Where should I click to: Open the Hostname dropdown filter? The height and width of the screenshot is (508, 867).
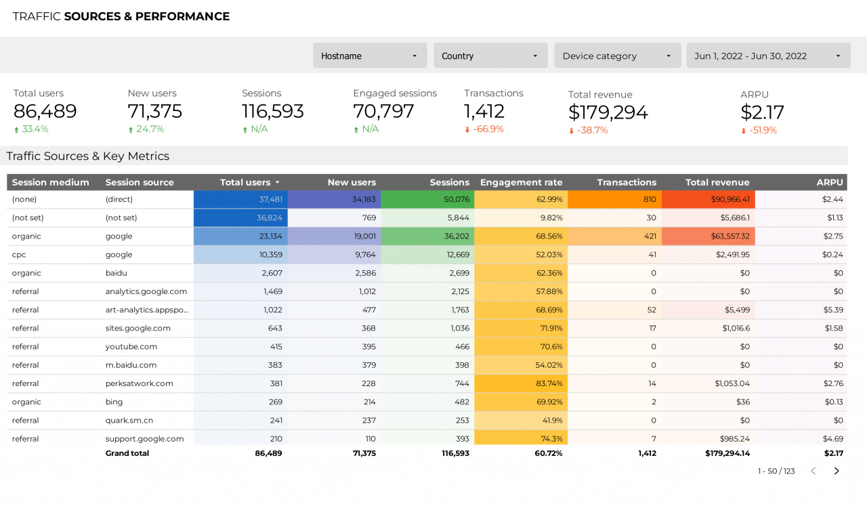370,56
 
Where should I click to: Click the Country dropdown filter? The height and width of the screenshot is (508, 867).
490,56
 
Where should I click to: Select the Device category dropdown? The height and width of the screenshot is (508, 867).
617,56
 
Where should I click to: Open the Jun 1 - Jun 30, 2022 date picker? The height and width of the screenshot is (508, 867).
768,56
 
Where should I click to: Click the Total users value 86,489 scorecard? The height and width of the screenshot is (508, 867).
45,111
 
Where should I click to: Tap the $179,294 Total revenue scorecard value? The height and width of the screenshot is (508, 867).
608,112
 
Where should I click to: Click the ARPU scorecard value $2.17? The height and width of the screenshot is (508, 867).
762,112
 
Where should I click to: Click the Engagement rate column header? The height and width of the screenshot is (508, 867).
521,182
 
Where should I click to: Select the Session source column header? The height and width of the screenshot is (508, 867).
140,182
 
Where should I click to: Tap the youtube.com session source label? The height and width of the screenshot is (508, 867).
131,346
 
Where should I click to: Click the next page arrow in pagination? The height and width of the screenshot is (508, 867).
837,471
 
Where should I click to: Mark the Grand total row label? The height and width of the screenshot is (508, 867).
127,453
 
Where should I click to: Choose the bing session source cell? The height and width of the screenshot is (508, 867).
114,402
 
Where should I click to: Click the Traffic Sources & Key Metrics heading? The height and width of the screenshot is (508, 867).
88,156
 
